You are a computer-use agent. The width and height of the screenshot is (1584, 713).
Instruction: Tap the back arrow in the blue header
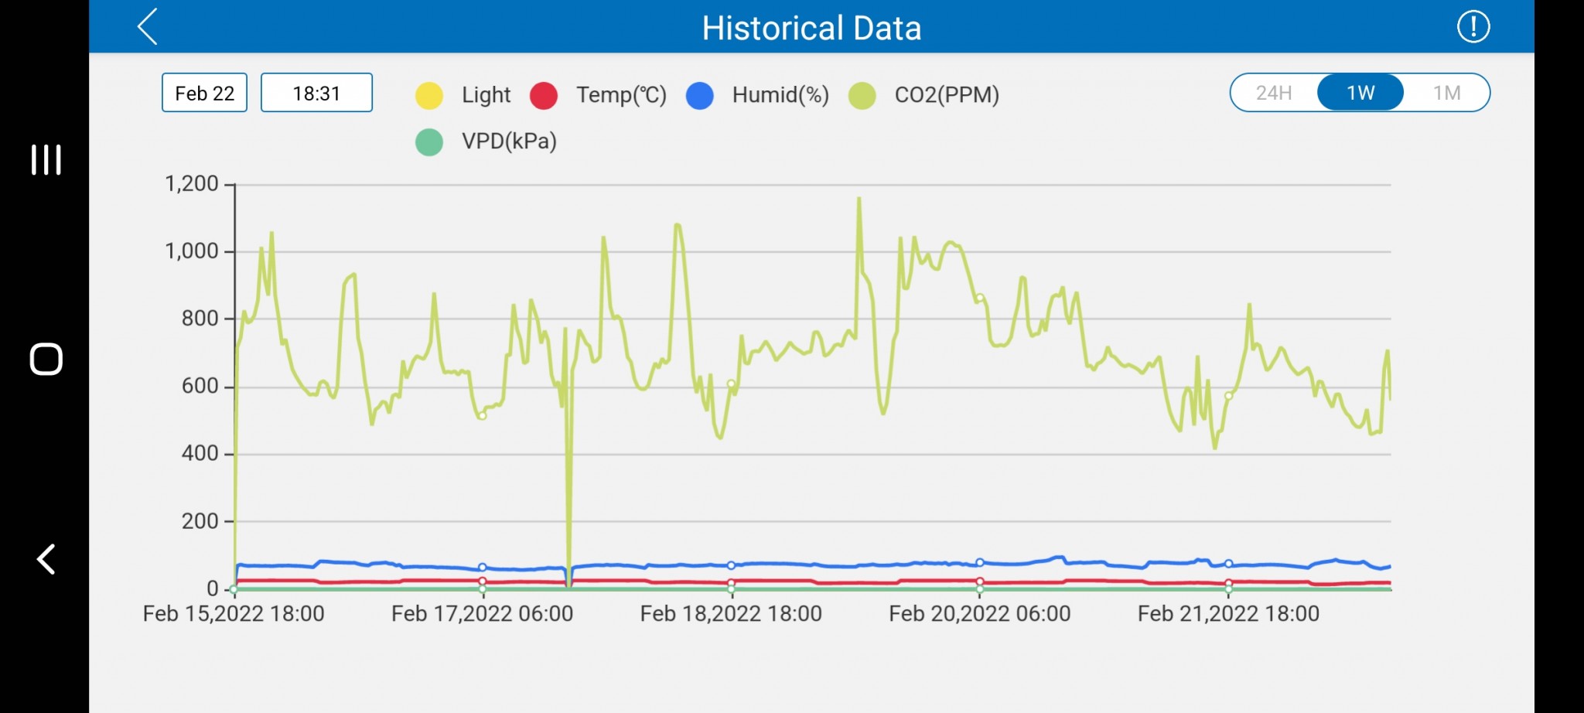148,27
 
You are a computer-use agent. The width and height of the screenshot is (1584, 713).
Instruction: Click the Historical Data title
811,29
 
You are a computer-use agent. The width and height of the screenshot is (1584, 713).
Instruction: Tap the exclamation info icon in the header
1473,27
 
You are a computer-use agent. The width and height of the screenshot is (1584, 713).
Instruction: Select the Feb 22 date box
204,93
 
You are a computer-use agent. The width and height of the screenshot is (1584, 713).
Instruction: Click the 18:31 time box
316,93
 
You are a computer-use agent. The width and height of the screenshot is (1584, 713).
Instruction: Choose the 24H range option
1274,93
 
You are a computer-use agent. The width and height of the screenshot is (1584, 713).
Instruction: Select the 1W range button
1360,93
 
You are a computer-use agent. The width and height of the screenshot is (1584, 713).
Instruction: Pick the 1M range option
1446,93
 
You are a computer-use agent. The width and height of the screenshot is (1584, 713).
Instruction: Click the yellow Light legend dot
429,95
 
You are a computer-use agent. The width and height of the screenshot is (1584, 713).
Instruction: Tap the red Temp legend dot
544,95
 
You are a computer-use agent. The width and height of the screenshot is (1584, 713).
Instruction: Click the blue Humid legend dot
700,95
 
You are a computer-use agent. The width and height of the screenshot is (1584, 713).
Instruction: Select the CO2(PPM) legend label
947,95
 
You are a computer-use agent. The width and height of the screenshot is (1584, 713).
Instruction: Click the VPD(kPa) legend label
509,142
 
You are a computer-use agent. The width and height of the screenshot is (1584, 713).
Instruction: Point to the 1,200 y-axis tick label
192,184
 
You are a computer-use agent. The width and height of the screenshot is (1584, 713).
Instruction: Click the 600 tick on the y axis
200,386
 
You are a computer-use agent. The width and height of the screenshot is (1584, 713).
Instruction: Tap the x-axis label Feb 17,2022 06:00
482,614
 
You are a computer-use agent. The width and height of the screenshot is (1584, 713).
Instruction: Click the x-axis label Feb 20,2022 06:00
979,614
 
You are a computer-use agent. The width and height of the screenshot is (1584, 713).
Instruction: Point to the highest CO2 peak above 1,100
859,200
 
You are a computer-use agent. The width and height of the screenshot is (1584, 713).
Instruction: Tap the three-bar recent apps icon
46,159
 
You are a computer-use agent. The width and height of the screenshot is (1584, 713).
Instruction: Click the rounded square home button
46,359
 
